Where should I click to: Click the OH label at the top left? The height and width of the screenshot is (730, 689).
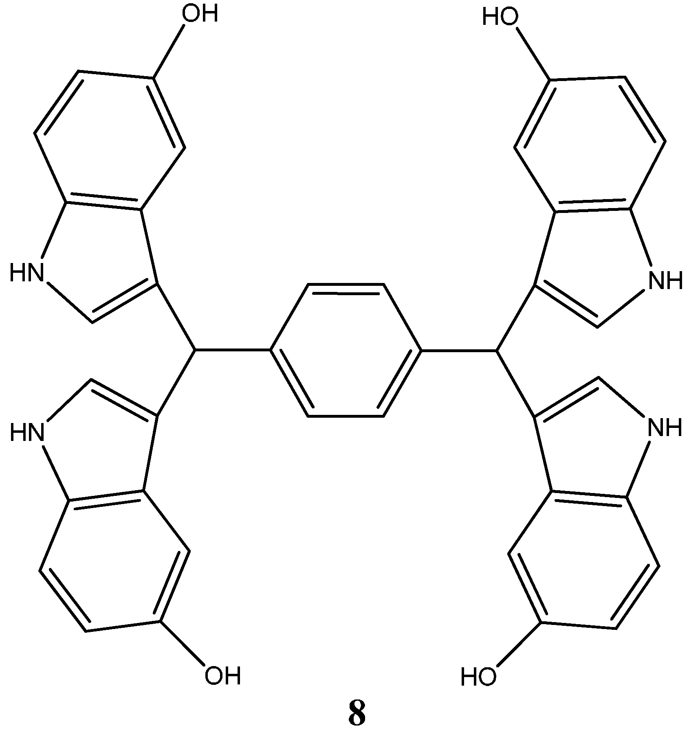tap(200, 15)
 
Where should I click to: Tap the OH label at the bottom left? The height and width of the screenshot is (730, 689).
tap(222, 676)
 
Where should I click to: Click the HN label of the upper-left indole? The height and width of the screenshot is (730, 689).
tap(26, 272)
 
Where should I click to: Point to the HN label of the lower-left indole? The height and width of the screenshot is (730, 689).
tap(27, 432)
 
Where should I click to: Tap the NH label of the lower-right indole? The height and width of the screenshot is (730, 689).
tap(665, 428)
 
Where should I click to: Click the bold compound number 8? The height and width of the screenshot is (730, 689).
tap(357, 712)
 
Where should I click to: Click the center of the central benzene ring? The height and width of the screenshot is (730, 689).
tap(346, 350)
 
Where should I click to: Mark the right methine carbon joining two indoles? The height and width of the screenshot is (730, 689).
tap(497, 350)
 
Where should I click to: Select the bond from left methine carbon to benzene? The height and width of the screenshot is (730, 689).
tap(232, 350)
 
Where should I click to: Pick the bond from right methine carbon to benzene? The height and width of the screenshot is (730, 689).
tap(459, 350)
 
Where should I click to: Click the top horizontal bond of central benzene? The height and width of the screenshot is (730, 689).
tap(346, 285)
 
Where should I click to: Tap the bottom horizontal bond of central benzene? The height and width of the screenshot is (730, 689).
tap(346, 416)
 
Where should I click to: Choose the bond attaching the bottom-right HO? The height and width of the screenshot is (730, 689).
tap(518, 645)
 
